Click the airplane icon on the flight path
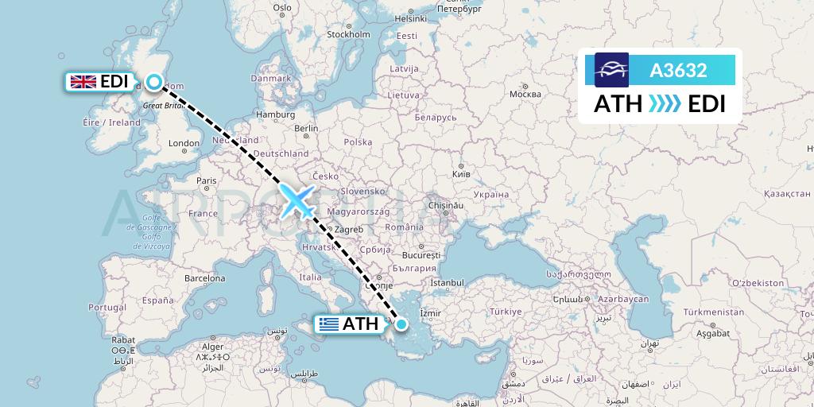297,201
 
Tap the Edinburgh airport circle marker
153,81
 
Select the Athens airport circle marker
401,324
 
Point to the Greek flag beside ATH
328,324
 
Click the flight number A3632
678,71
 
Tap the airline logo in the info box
612,70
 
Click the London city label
184,144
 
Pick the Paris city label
207,180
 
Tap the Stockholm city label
349,35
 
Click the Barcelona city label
206,278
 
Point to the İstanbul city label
447,282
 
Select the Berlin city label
306,128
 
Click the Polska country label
359,141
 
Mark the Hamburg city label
276,114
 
